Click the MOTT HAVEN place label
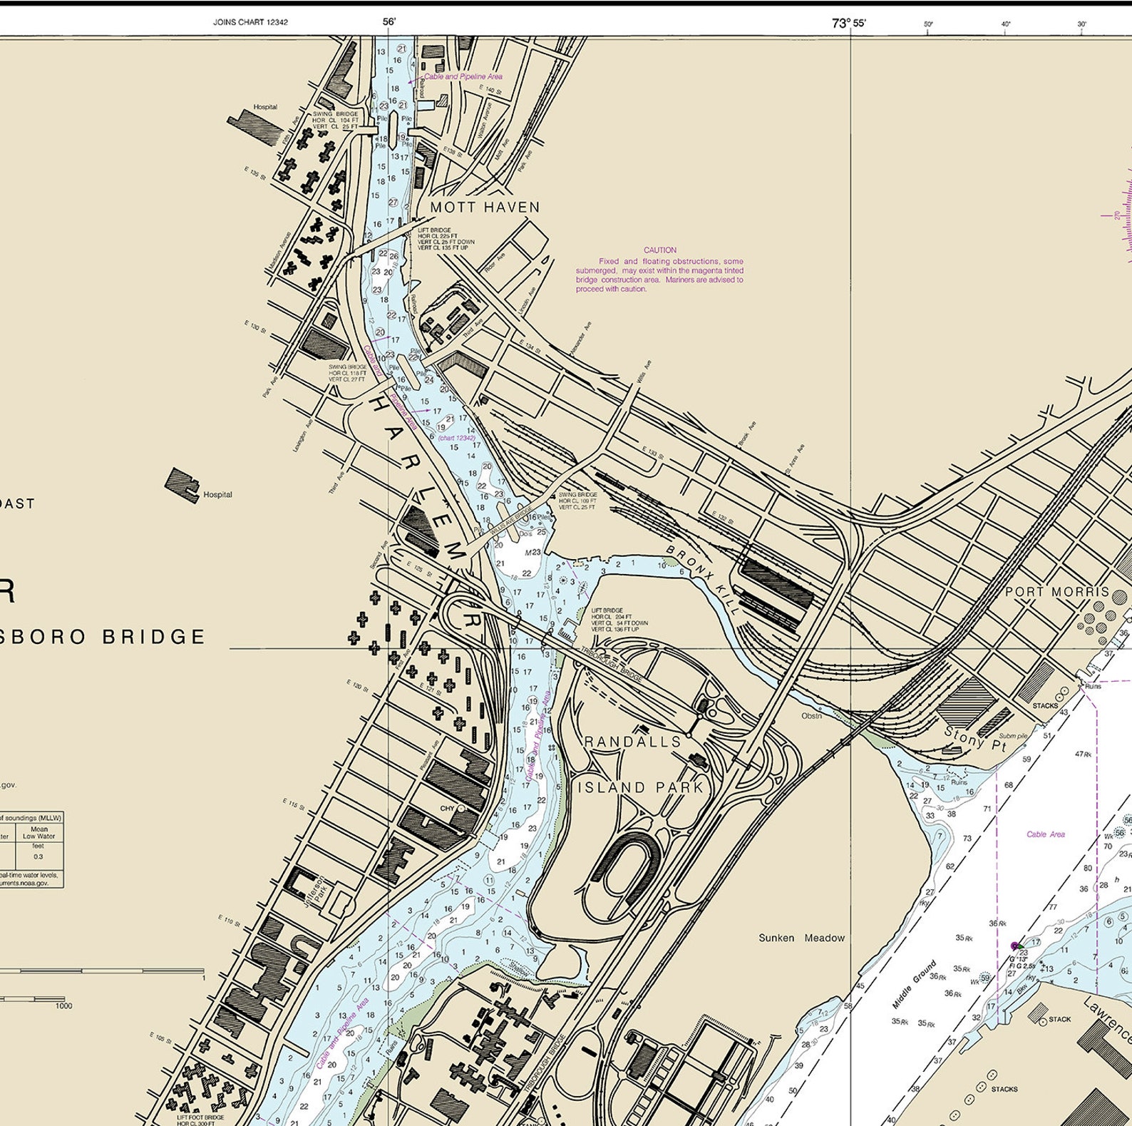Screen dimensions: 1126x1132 click(x=485, y=208)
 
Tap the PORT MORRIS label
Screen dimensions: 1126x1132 click(x=1057, y=592)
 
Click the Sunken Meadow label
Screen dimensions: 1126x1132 click(x=801, y=938)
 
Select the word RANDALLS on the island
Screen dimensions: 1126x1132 click(x=633, y=742)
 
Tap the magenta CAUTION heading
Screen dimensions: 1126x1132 click(x=659, y=250)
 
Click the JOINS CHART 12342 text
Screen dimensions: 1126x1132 click(x=250, y=22)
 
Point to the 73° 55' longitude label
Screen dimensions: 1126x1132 click(x=848, y=23)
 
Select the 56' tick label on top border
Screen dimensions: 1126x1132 click(x=389, y=21)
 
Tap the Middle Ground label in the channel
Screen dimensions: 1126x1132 click(x=913, y=985)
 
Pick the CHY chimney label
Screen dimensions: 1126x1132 click(x=447, y=809)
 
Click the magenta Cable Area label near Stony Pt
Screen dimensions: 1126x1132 click(x=1046, y=834)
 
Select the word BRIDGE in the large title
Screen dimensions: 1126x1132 click(x=154, y=636)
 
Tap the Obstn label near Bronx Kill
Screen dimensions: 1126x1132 click(x=811, y=715)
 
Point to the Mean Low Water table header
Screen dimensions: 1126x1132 click(x=38, y=833)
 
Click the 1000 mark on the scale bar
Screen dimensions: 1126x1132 click(x=63, y=1005)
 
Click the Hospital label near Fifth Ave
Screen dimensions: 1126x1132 click(x=264, y=107)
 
